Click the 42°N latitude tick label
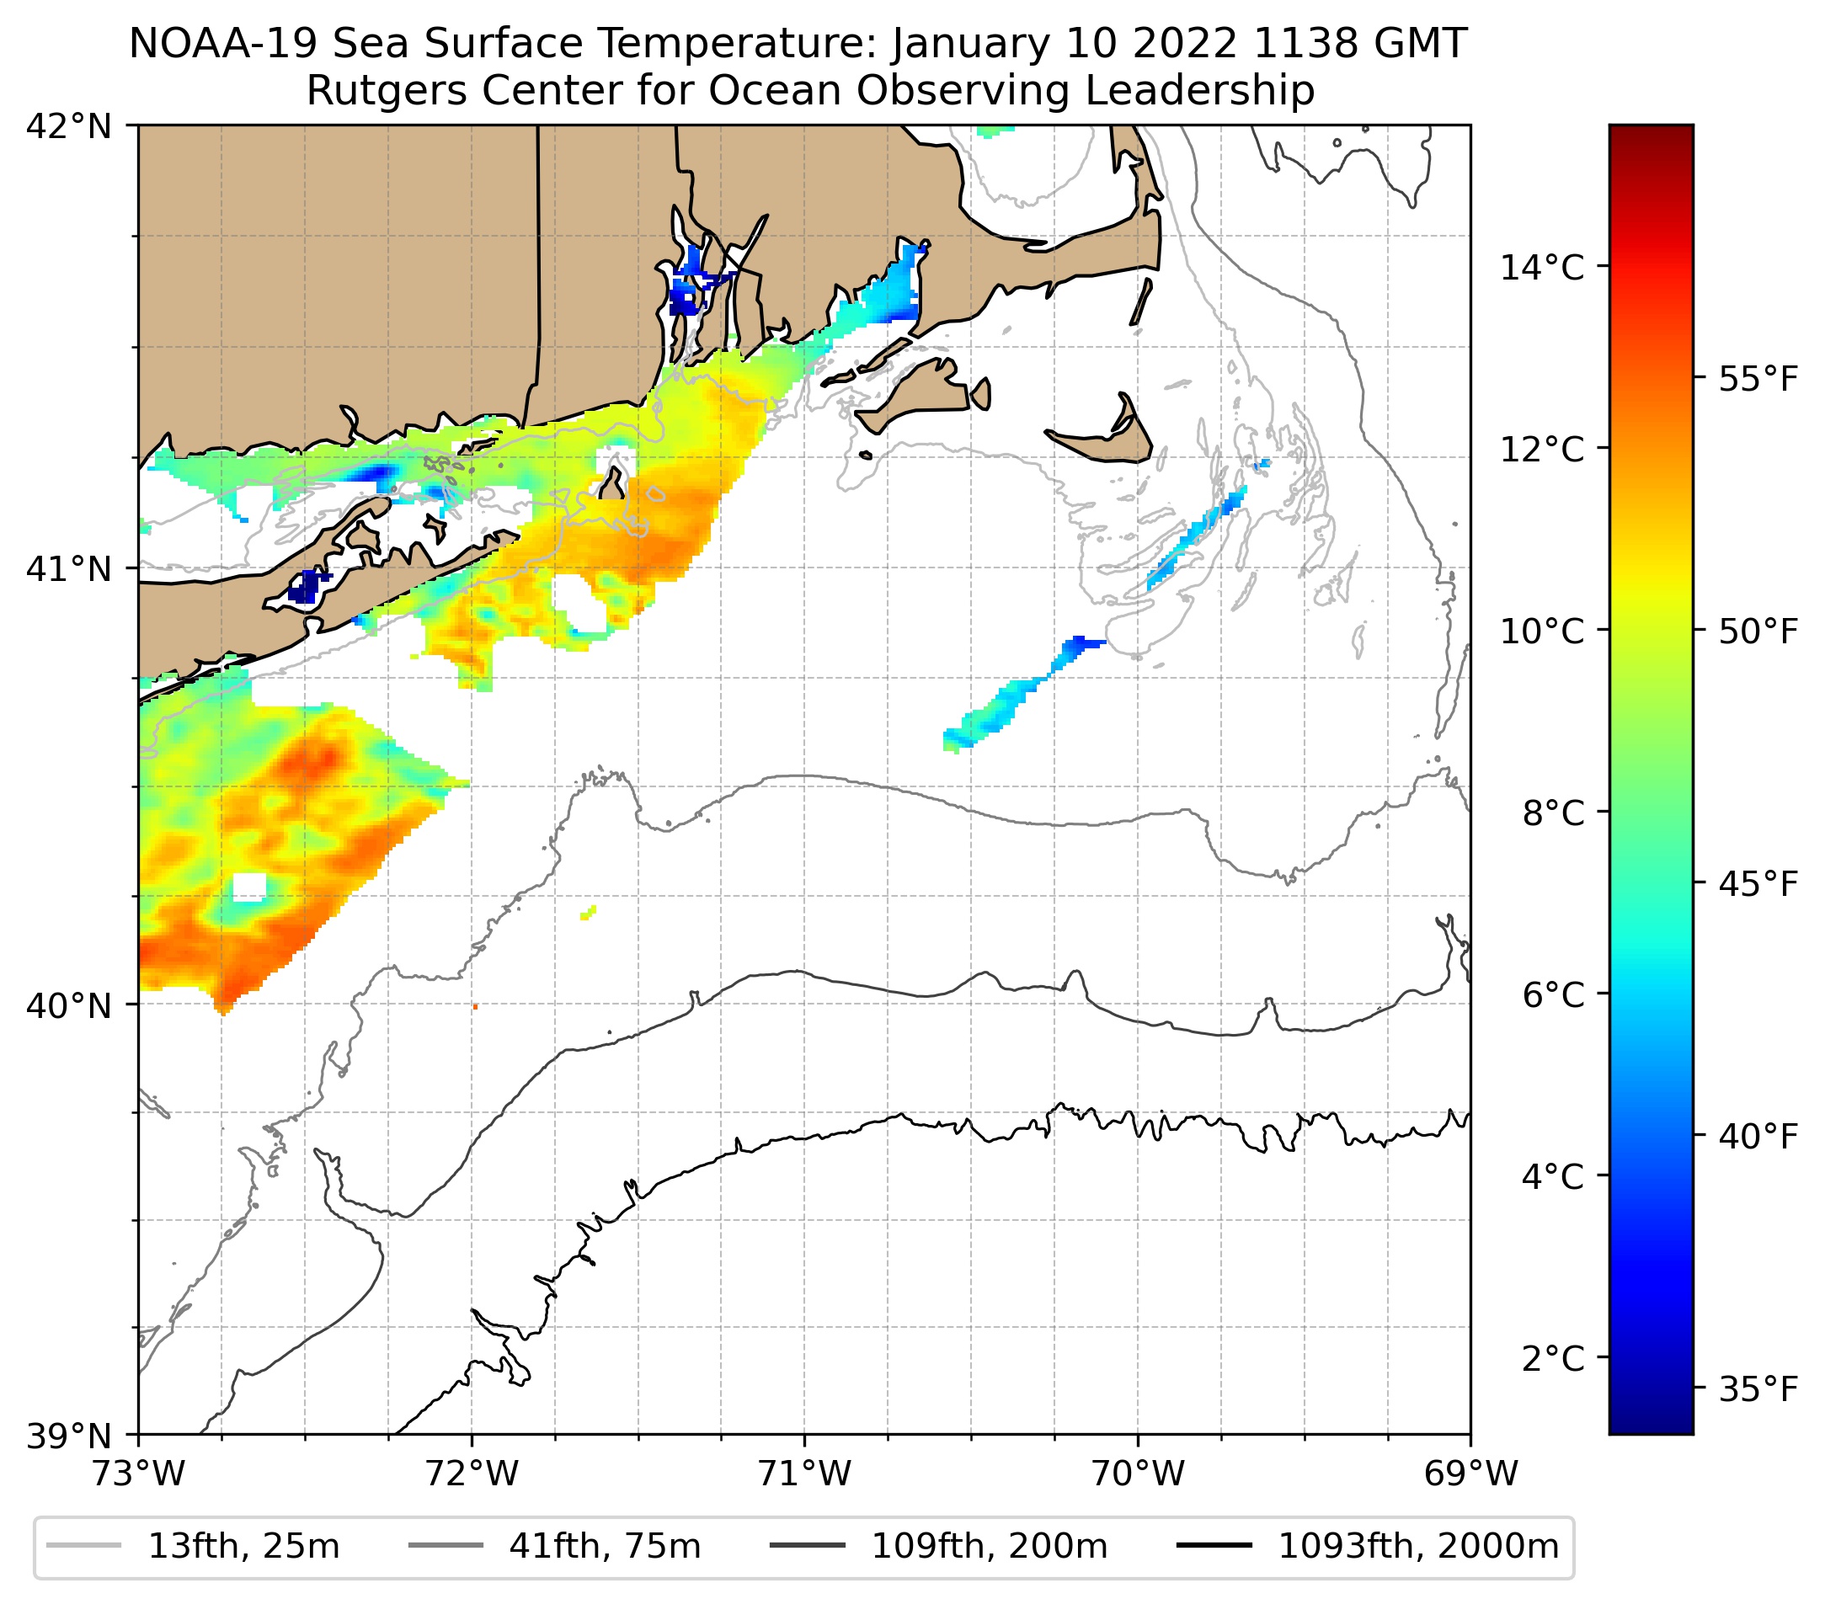pos(69,127)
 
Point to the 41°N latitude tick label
pos(69,568)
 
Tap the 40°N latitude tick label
pos(69,1006)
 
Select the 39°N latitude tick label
pos(69,1436)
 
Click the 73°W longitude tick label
pos(138,1474)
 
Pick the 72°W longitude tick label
pos(472,1474)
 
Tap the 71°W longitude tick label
pos(804,1474)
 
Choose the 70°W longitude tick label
pos(1139,1474)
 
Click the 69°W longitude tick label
pos(1470,1474)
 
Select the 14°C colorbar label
pos(1542,267)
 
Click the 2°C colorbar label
pos(1553,1357)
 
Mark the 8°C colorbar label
pos(1553,813)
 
